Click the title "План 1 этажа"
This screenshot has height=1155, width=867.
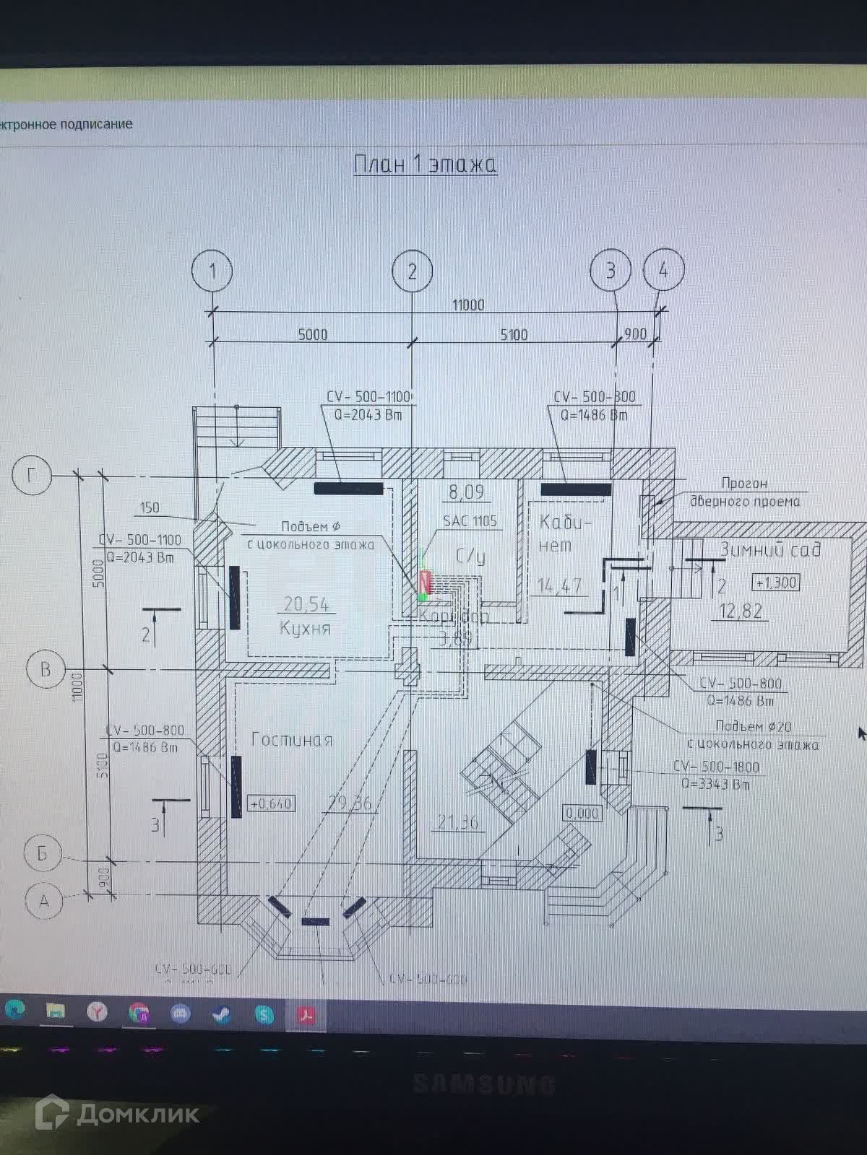pos(425,164)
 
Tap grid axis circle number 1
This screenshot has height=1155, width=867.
pos(212,271)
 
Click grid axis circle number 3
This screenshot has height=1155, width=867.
pos(611,270)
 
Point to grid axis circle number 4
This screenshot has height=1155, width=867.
pos(663,269)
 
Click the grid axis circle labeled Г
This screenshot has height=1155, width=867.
pos(32,475)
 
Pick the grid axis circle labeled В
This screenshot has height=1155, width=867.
pos(45,669)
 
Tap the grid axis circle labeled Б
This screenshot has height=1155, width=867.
pos(43,853)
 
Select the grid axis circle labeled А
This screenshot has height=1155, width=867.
pos(43,901)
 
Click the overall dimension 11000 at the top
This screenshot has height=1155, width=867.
pos(467,305)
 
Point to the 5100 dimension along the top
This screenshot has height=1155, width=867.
pos(514,334)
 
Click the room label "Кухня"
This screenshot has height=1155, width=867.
pos(305,628)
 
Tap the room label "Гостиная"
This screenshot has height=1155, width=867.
pos(292,739)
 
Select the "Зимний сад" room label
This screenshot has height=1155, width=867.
pos(770,549)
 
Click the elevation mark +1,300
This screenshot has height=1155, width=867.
pos(776,582)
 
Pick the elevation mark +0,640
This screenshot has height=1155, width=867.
pos(271,803)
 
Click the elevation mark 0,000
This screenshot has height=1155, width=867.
pos(582,813)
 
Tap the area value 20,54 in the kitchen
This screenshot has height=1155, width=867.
pos(306,603)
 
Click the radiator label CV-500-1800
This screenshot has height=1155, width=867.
pos(716,767)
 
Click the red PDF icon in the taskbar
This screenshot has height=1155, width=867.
pos(307,1014)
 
